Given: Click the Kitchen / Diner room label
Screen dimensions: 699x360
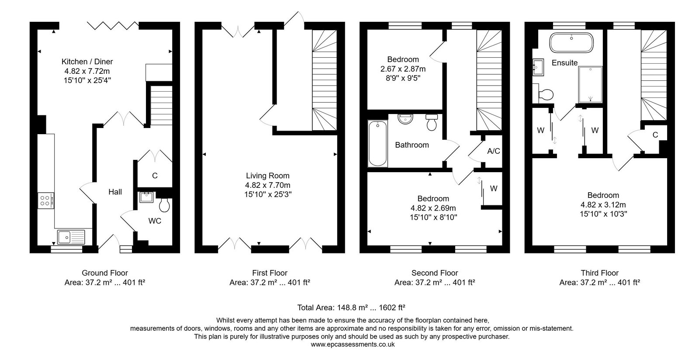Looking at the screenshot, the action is (x=87, y=62).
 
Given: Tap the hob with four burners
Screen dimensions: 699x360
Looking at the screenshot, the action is (x=45, y=200).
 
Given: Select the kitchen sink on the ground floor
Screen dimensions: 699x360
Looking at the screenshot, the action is (x=71, y=237).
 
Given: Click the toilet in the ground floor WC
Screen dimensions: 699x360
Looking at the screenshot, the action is (x=163, y=204).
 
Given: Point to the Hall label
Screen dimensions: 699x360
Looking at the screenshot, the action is (x=115, y=192).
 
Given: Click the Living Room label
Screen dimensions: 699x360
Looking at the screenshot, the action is (x=268, y=176).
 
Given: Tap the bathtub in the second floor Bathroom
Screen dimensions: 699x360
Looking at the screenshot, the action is (x=377, y=143).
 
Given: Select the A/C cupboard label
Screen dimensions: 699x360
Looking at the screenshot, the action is (x=494, y=151).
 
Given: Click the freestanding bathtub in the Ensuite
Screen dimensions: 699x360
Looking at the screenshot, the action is (x=571, y=42).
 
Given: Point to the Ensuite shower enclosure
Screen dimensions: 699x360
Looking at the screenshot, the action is (x=590, y=84).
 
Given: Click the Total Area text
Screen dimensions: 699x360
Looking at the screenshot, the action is (x=351, y=308).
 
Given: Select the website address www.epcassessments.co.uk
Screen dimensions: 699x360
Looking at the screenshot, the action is (x=353, y=344).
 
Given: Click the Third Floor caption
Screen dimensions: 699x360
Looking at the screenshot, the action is (x=599, y=273).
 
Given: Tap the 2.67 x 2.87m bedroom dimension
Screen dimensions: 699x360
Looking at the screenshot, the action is (x=403, y=69).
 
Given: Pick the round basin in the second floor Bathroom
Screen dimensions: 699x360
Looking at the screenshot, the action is (x=405, y=119).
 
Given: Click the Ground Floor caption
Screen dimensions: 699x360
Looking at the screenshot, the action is (x=105, y=273).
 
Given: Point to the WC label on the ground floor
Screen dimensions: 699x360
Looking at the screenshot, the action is (x=155, y=221).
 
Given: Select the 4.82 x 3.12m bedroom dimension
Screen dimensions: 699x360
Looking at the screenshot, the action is (x=603, y=204).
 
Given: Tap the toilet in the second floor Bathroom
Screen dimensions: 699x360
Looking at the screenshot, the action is (x=432, y=122).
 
